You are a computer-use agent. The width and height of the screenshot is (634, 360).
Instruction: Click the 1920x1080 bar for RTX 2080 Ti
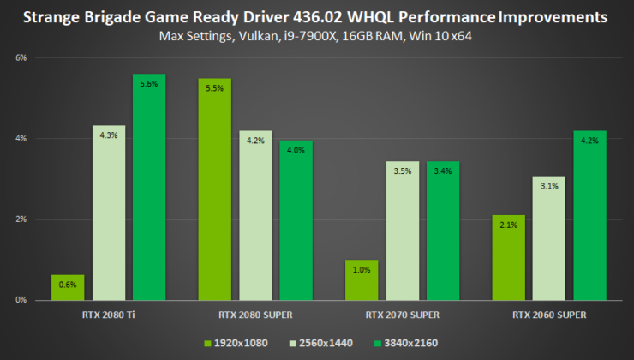click(x=67, y=287)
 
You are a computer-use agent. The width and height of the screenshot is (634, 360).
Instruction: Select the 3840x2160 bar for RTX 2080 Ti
click(x=149, y=187)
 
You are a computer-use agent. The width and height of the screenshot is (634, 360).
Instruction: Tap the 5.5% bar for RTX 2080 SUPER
click(x=214, y=189)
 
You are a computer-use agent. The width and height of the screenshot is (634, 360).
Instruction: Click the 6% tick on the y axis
click(x=21, y=57)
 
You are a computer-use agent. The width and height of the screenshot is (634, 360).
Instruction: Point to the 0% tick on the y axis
click(x=21, y=300)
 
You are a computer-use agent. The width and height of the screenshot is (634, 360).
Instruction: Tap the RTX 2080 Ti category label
click(x=108, y=315)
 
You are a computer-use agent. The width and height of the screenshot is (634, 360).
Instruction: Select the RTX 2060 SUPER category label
click(x=549, y=315)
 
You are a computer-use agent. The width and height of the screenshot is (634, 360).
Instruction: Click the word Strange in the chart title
click(x=54, y=17)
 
